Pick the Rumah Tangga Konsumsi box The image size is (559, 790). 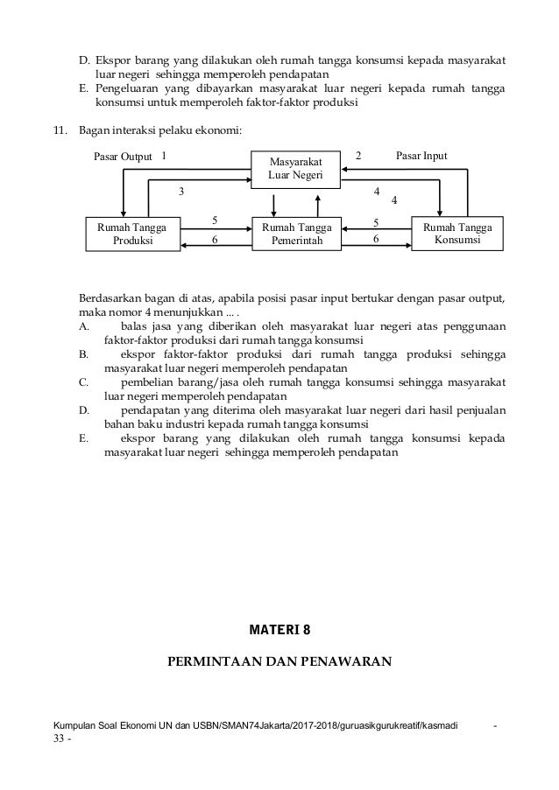pos(457,234)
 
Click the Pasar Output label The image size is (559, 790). pos(123,156)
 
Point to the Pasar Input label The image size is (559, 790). pos(422,156)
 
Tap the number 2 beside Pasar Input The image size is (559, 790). pos(357,156)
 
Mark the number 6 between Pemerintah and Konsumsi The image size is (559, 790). pos(376,239)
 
